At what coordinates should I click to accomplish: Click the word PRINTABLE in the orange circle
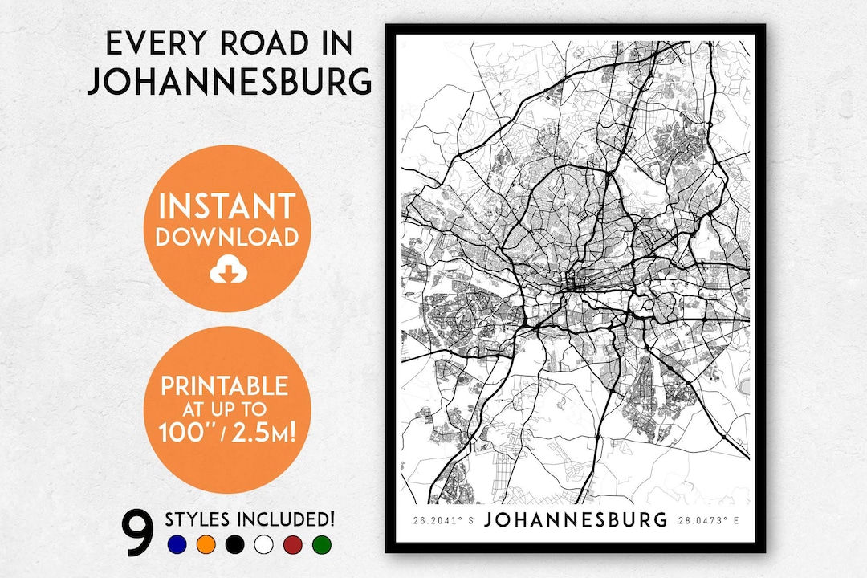pyautogui.click(x=224, y=385)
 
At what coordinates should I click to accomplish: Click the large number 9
pyautogui.click(x=138, y=531)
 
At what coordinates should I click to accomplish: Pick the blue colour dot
pyautogui.click(x=177, y=545)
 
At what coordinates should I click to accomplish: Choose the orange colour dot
pyautogui.click(x=206, y=545)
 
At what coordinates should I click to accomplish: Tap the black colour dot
pyautogui.click(x=234, y=545)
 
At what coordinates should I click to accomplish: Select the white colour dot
pyautogui.click(x=263, y=545)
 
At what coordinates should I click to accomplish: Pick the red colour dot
pyautogui.click(x=292, y=545)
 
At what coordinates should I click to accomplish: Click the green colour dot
pyautogui.click(x=321, y=545)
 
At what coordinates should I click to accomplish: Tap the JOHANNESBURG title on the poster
pyautogui.click(x=576, y=520)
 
